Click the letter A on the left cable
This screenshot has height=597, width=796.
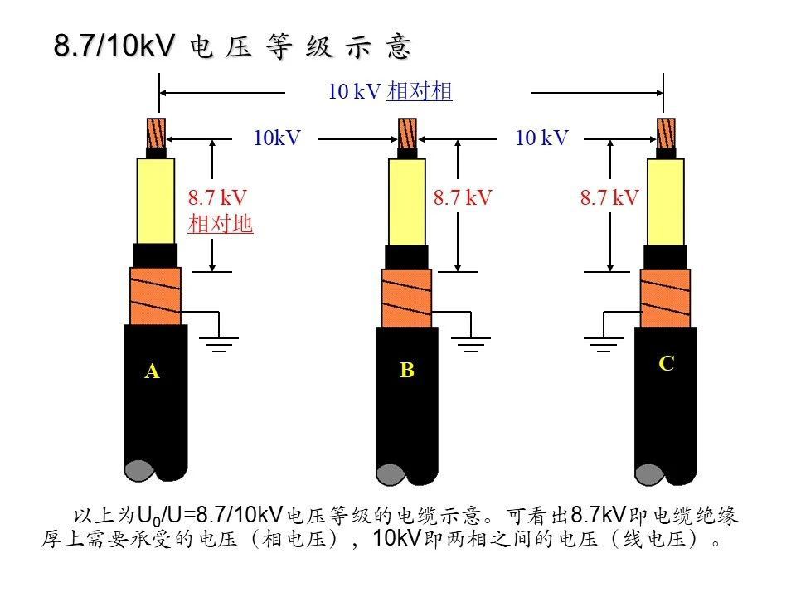[152, 371]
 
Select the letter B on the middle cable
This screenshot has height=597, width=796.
[406, 371]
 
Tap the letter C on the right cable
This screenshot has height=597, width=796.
[666, 363]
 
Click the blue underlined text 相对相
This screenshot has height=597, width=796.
[420, 92]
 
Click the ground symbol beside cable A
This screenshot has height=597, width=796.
[219, 343]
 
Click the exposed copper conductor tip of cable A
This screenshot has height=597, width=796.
[156, 133]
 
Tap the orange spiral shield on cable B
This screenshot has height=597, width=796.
[406, 298]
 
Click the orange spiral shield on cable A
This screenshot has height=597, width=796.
[154, 296]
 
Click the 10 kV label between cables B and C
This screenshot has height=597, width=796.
[541, 138]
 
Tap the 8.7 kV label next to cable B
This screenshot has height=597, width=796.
[463, 197]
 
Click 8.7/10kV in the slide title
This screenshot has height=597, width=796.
[114, 46]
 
